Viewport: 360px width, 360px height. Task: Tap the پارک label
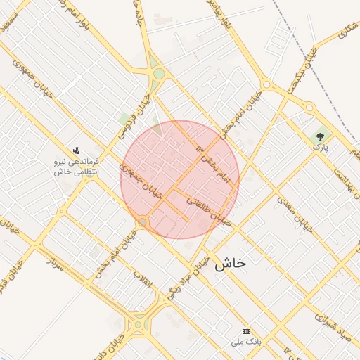321,148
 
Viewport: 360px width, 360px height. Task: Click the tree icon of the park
321,136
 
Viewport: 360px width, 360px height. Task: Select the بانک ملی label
245,342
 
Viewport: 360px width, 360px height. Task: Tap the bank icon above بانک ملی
245,331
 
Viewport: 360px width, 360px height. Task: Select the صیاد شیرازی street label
337,313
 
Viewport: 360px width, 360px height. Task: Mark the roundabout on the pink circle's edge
143,222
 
